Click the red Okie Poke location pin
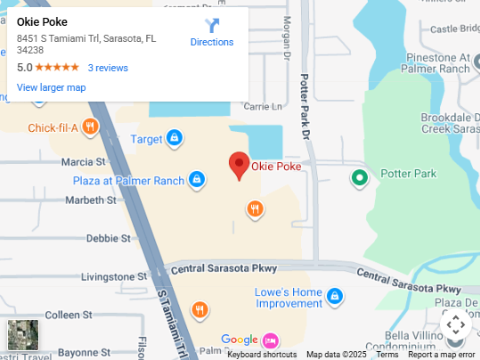click(x=239, y=165)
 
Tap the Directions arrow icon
click(x=212, y=26)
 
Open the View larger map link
click(x=51, y=87)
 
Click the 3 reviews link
click(x=108, y=68)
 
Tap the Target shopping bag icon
click(x=175, y=138)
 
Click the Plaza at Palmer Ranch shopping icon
click(x=196, y=181)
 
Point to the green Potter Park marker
click(x=360, y=177)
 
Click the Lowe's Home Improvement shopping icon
click(x=334, y=296)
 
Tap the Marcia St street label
click(x=83, y=162)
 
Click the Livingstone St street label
click(x=113, y=277)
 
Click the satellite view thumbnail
click(x=23, y=334)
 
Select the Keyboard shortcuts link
click(x=262, y=355)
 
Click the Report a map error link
click(x=442, y=355)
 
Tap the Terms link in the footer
click(x=386, y=355)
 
